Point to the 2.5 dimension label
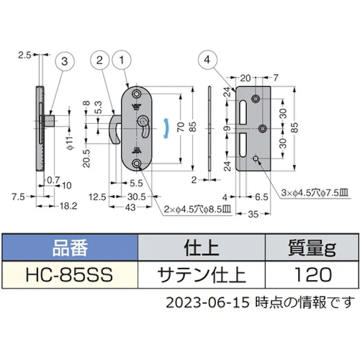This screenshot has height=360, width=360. pyautogui.click(x=24, y=54)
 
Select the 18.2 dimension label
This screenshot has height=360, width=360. pyautogui.click(x=68, y=205)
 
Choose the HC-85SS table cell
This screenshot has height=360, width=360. pyautogui.click(x=70, y=275)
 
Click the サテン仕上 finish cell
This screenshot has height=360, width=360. pyautogui.click(x=202, y=275)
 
